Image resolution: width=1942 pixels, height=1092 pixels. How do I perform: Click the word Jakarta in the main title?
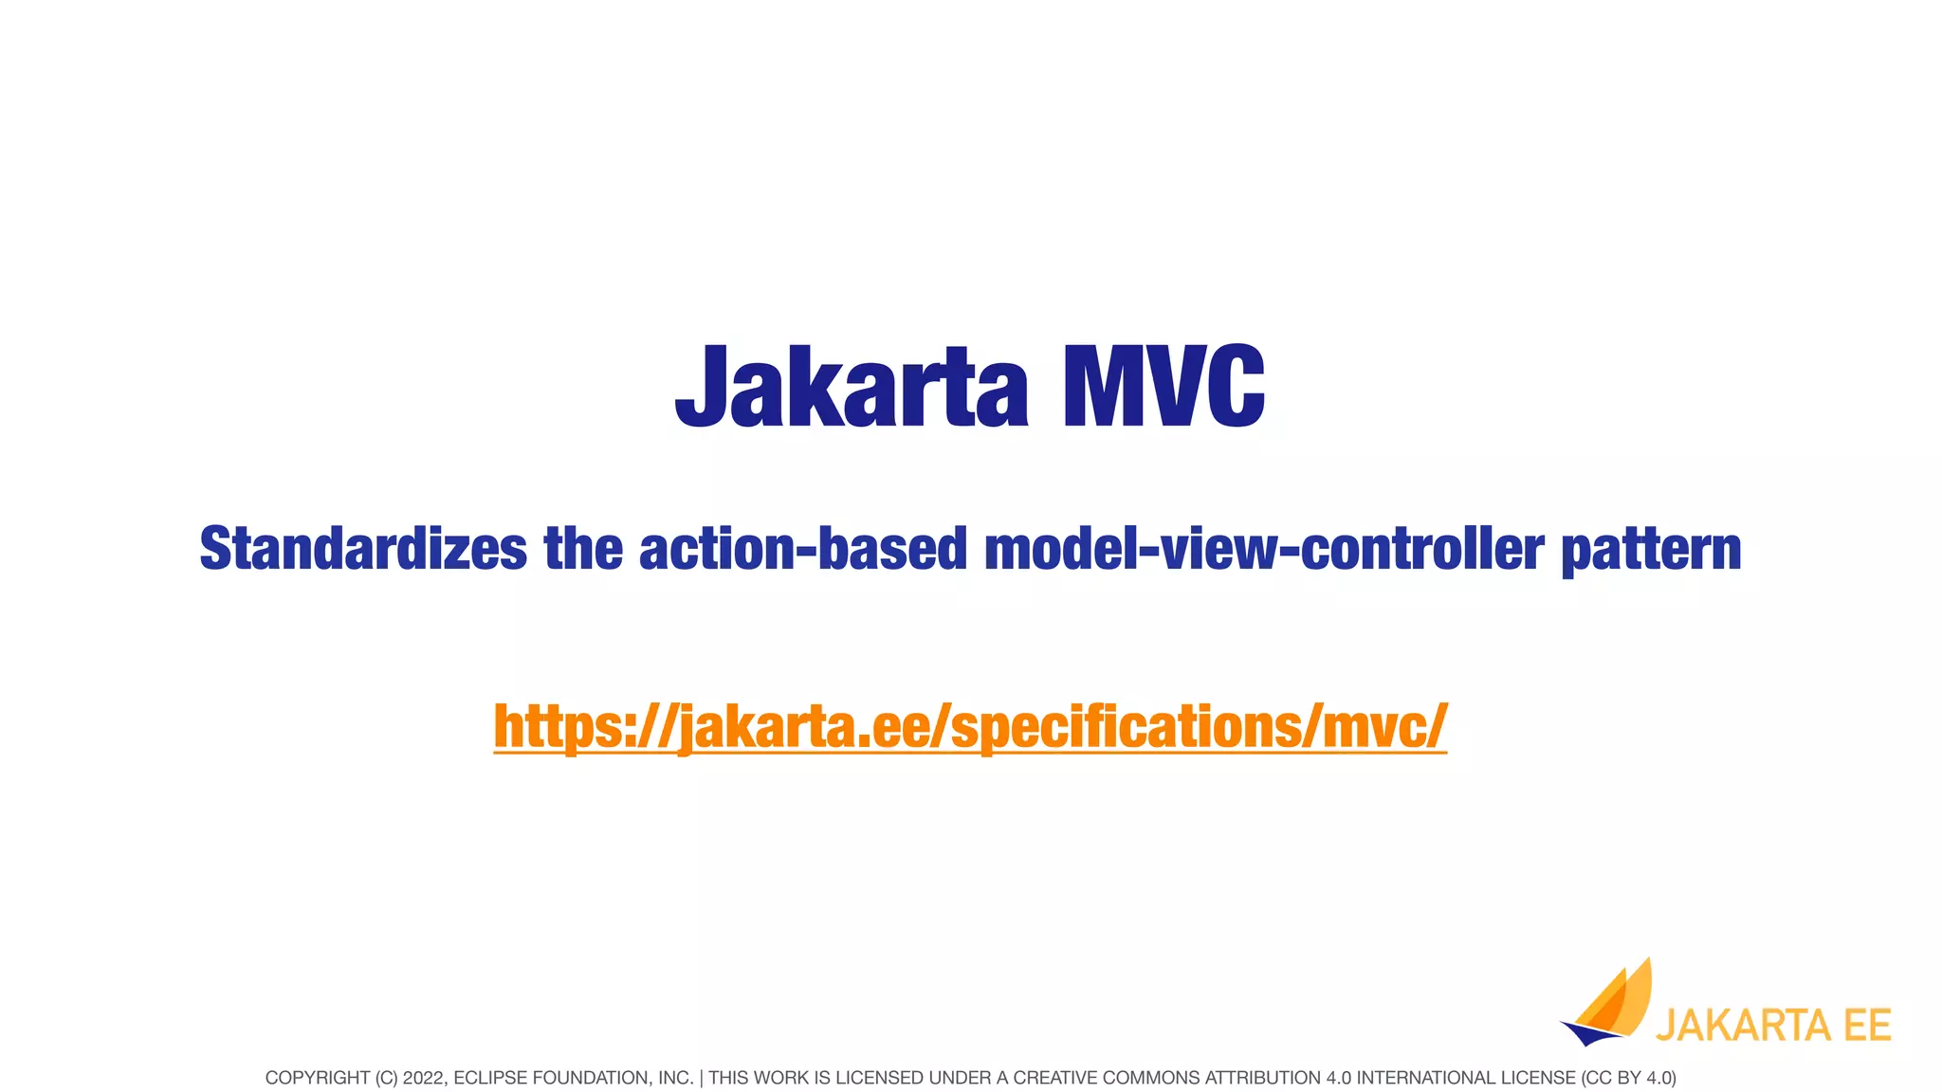(x=851, y=387)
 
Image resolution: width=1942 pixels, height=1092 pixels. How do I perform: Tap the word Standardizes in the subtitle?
(x=362, y=549)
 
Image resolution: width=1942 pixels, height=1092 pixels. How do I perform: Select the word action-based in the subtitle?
(x=802, y=549)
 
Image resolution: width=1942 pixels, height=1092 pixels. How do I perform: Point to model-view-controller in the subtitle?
(x=1263, y=549)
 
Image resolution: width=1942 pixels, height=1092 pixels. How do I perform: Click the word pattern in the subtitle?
(x=1651, y=549)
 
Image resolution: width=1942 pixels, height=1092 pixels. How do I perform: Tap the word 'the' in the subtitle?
(x=582, y=549)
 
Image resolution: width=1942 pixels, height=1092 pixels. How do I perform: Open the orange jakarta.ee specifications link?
(x=970, y=726)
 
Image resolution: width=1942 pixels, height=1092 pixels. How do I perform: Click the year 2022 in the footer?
(x=421, y=1078)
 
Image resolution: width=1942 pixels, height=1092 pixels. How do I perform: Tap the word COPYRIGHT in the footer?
(x=317, y=1078)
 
